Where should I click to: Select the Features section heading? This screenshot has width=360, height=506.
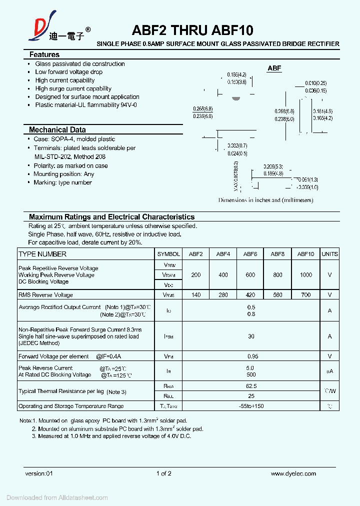click(44, 54)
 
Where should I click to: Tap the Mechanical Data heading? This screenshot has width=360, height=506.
click(57, 129)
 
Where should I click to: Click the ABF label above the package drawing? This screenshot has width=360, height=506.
click(274, 68)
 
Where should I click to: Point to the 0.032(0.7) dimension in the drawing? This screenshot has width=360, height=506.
click(237, 145)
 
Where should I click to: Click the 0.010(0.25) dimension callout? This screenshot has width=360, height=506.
click(315, 83)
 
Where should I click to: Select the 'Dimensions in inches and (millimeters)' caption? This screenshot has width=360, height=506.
click(265, 200)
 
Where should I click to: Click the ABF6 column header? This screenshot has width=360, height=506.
click(250, 254)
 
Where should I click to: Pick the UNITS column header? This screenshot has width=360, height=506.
click(329, 254)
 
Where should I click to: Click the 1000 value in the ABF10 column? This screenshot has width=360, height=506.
click(305, 274)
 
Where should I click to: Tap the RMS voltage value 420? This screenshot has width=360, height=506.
click(250, 295)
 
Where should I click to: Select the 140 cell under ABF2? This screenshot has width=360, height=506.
click(196, 295)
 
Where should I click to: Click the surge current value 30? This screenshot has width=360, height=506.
click(251, 336)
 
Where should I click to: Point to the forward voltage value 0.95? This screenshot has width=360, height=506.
click(251, 356)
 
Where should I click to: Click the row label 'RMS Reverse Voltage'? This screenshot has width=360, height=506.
click(45, 295)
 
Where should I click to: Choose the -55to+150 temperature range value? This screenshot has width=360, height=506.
click(251, 406)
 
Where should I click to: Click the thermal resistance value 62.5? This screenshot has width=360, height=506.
click(251, 386)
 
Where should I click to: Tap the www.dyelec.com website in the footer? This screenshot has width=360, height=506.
click(293, 473)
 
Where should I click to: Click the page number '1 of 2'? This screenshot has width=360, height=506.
click(163, 473)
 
